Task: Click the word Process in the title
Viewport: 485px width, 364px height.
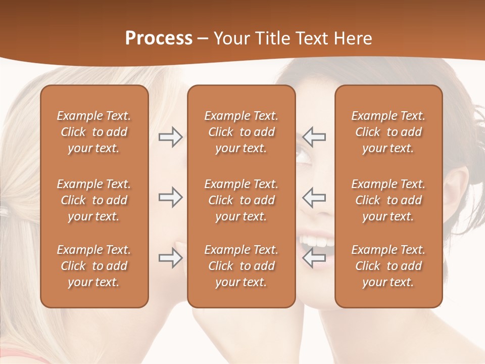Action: [x=159, y=38]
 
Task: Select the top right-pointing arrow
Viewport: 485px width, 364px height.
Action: [x=170, y=137]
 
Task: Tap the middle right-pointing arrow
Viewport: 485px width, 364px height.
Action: [x=170, y=197]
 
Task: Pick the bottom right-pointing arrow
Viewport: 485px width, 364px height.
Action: [x=170, y=258]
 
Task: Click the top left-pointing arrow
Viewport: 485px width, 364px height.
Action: [x=314, y=137]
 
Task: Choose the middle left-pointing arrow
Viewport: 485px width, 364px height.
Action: [x=314, y=197]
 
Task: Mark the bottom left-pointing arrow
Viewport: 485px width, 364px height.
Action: [x=314, y=258]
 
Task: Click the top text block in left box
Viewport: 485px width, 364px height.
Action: [x=94, y=132]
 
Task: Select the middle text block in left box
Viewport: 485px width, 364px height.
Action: [x=94, y=200]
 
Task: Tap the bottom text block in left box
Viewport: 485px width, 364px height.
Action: [x=94, y=266]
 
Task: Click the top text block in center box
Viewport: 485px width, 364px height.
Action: [x=241, y=132]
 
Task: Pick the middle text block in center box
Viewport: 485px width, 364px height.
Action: [x=241, y=200]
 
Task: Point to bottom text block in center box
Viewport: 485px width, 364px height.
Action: [x=241, y=266]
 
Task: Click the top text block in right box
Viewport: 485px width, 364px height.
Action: [x=389, y=132]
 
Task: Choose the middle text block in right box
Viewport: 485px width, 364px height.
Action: [x=389, y=200]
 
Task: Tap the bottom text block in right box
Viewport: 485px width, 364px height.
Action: [x=389, y=266]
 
